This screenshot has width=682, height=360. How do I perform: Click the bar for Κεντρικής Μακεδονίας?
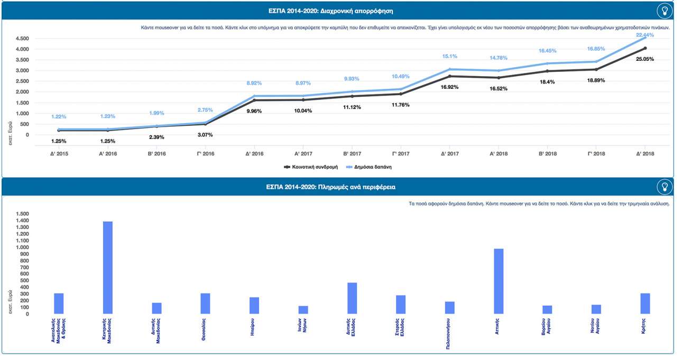[107, 267]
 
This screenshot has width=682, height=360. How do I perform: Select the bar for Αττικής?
[499, 281]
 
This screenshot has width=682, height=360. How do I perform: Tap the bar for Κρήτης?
[645, 303]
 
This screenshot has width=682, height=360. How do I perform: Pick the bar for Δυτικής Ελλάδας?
[352, 298]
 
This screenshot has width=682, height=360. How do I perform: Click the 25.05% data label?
[644, 59]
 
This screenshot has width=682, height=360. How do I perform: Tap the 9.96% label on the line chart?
[254, 111]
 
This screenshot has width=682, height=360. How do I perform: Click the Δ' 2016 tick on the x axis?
[254, 153]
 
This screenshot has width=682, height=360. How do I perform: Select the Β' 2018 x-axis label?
[547, 153]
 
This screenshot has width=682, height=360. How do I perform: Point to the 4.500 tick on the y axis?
[22, 39]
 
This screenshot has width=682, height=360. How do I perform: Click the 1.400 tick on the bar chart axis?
[22, 221]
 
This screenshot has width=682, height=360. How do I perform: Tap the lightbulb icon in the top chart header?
[664, 11]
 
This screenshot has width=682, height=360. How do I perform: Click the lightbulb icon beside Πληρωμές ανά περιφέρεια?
[664, 187]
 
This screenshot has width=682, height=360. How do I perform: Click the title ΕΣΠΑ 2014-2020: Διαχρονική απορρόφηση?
[337, 11]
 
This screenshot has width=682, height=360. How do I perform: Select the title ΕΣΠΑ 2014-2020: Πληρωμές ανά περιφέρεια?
[337, 187]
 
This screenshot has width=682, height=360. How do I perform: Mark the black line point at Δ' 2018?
[645, 49]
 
